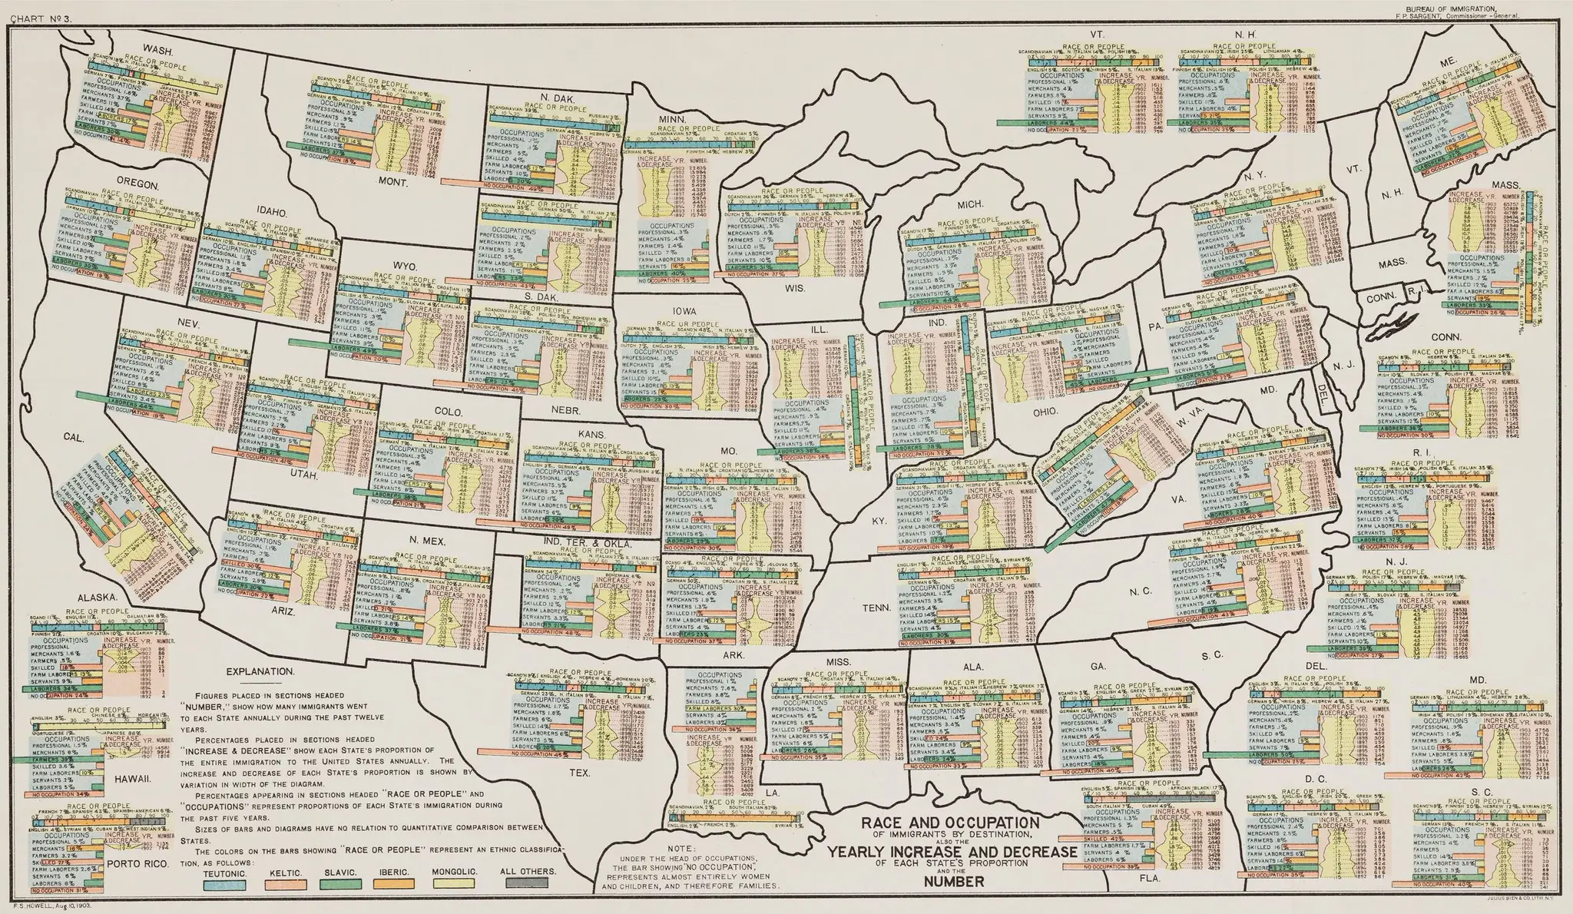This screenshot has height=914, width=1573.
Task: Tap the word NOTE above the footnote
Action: (681, 847)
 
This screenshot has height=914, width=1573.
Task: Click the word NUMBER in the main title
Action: (951, 883)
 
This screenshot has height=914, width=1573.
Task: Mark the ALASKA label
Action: (96, 597)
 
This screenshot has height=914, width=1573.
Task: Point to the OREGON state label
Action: (137, 184)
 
